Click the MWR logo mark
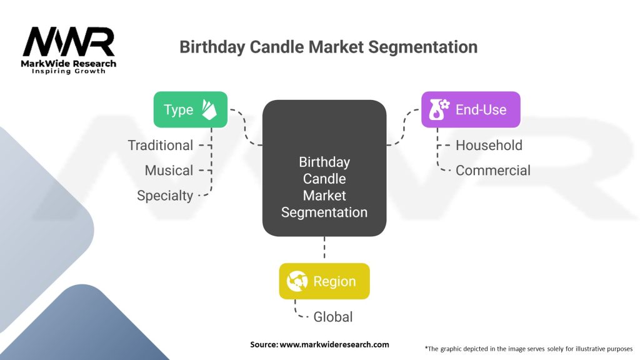click(x=69, y=42)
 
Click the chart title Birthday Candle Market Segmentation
click(x=328, y=47)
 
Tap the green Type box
click(x=191, y=110)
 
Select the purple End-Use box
click(x=471, y=110)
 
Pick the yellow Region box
click(x=324, y=281)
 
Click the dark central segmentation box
click(x=324, y=168)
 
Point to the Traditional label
click(x=161, y=146)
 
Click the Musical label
click(x=169, y=171)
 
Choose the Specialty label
click(x=165, y=196)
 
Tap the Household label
click(x=489, y=146)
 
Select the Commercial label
click(x=493, y=171)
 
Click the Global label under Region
click(x=333, y=317)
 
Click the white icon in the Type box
click(x=209, y=109)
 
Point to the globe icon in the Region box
click(x=296, y=281)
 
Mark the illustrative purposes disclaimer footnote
click(x=529, y=348)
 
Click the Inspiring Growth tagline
click(x=69, y=71)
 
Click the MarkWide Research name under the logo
click(x=69, y=63)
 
